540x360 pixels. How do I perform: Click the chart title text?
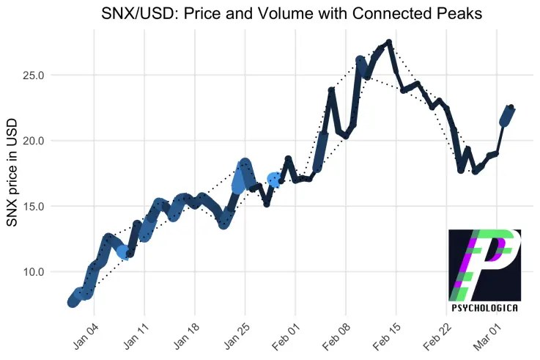pyautogui.click(x=292, y=14)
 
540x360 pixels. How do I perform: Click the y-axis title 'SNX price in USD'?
pyautogui.click(x=12, y=172)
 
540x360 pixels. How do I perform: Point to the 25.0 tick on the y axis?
pyautogui.click(x=34, y=75)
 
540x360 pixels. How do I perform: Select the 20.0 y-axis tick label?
pyautogui.click(x=34, y=141)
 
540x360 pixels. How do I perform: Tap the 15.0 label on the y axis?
pyautogui.click(x=34, y=206)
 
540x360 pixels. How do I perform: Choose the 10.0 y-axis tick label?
pyautogui.click(x=34, y=272)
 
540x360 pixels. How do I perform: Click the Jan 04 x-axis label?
pyautogui.click(x=86, y=337)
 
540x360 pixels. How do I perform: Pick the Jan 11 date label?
pyautogui.click(x=136, y=337)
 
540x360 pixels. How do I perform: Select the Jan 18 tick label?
pyautogui.click(x=187, y=337)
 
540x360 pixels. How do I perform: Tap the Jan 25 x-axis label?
pyautogui.click(x=237, y=337)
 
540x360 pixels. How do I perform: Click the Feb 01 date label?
pyautogui.click(x=286, y=337)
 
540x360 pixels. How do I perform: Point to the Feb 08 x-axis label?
pyautogui.click(x=336, y=337)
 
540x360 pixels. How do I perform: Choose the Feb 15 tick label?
pyautogui.click(x=387, y=337)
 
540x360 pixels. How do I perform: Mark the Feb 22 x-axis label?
pyautogui.click(x=437, y=337)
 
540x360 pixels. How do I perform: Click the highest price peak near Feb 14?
pyautogui.click(x=389, y=42)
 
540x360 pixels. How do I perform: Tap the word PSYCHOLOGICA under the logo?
pyautogui.click(x=484, y=308)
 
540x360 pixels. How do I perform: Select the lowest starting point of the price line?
pyautogui.click(x=73, y=303)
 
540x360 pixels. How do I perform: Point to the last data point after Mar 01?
pyautogui.click(x=511, y=107)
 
